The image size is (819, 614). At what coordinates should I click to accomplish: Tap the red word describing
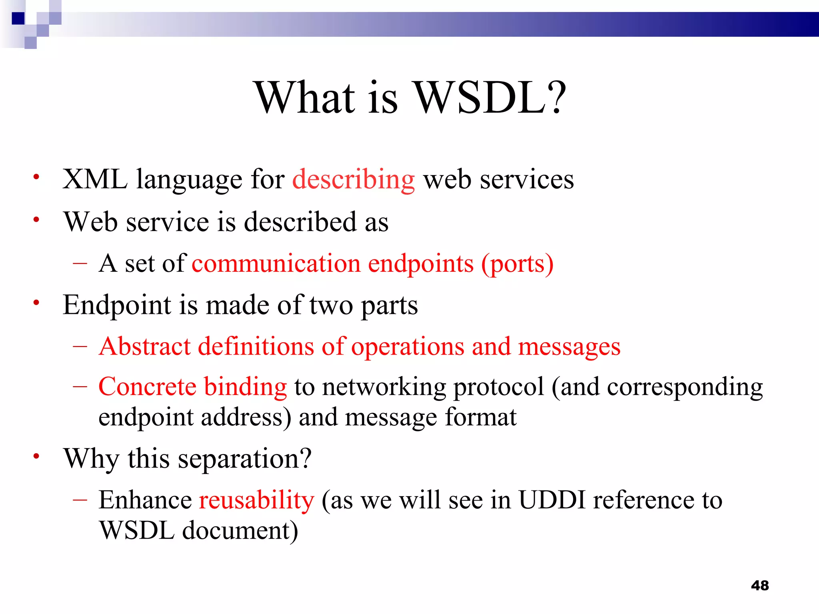(354, 180)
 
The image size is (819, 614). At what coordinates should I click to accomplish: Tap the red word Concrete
(147, 387)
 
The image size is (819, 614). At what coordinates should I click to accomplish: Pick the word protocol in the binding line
(499, 387)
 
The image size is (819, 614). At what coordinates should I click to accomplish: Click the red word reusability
(257, 500)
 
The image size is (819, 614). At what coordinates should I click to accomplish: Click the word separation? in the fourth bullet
(244, 459)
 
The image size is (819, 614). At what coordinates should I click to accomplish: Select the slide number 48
(759, 586)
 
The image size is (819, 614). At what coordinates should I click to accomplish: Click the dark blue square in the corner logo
(18, 18)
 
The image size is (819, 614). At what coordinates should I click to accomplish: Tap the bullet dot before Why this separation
(36, 456)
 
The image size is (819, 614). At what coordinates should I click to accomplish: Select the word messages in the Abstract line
(569, 347)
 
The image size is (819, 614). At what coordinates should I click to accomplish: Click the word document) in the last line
(240, 531)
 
